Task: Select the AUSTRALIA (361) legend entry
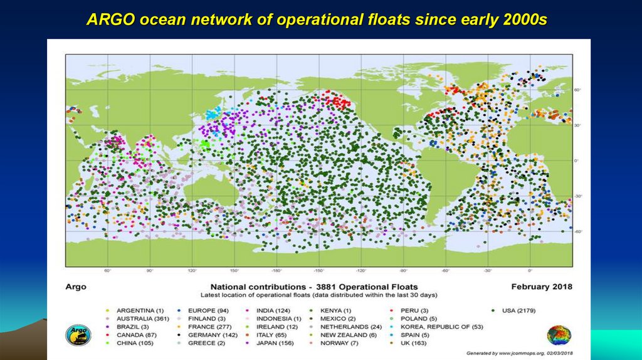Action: [x=139, y=319]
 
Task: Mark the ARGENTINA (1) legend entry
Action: [x=140, y=310]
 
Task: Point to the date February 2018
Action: [x=542, y=287]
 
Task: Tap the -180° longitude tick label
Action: [x=276, y=271]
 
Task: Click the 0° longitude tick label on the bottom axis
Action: [x=530, y=271]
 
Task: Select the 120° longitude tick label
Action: [x=192, y=271]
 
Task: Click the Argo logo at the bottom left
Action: [x=78, y=333]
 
